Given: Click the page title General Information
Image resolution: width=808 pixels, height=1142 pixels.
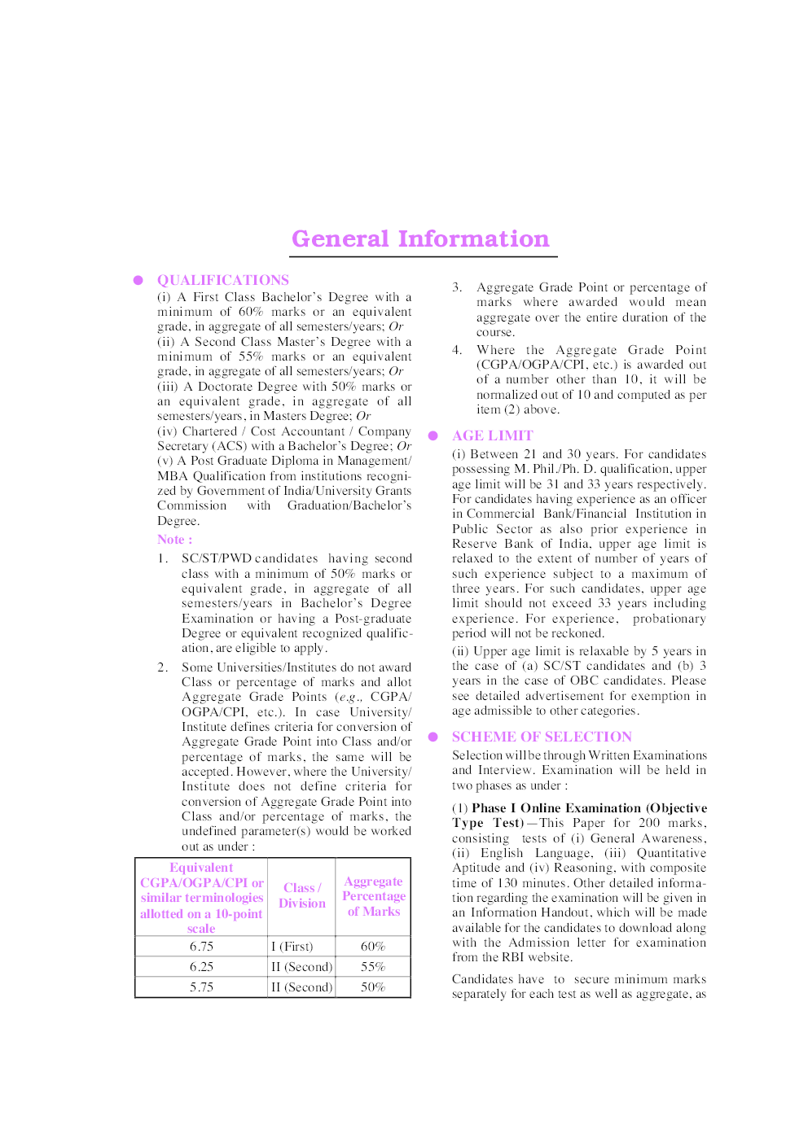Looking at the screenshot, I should (x=420, y=239).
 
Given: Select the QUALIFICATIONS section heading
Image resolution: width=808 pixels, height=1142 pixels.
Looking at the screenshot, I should (x=222, y=280).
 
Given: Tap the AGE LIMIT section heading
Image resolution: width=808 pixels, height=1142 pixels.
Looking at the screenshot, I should (x=492, y=435).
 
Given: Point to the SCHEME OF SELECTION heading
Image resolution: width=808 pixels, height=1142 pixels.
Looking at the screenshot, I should (x=542, y=737).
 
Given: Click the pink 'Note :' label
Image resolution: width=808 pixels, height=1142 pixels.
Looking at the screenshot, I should (x=174, y=540).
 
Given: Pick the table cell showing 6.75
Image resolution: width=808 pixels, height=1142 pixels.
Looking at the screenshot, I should (x=201, y=947).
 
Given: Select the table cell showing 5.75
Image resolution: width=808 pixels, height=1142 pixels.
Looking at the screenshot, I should (x=201, y=987).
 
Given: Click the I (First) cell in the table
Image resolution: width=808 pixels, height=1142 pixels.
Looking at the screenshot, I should (x=292, y=947).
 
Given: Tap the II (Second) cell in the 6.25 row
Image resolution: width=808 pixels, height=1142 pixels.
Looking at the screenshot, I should (x=301, y=967).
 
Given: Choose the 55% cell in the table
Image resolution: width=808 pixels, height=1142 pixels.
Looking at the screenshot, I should (x=373, y=967).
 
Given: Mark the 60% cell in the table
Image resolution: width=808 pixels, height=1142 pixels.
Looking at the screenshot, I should (x=373, y=947).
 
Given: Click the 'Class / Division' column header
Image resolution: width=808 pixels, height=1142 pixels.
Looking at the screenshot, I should (x=301, y=895).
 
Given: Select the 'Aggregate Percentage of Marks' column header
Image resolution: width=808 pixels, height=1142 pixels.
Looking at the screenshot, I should (x=373, y=896).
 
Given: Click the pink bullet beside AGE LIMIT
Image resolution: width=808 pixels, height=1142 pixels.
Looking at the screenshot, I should (x=433, y=435).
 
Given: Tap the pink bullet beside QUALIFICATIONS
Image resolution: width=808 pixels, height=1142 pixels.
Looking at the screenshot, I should (x=138, y=280).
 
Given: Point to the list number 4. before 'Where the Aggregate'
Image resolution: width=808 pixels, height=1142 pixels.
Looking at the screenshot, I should (x=457, y=350).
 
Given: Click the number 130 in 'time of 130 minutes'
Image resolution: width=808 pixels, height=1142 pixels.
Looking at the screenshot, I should (x=507, y=883).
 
